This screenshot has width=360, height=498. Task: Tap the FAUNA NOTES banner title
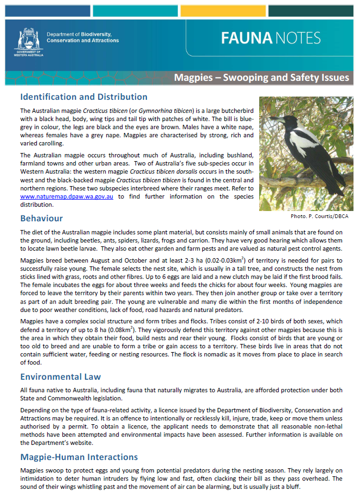point(271,38)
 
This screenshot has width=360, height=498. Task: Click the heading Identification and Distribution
point(83,97)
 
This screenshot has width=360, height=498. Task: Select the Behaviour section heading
point(41,218)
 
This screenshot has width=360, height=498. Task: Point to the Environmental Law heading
point(60,376)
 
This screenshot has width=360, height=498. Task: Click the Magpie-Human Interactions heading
point(79,457)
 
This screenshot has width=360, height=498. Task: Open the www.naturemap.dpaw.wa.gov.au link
point(67,197)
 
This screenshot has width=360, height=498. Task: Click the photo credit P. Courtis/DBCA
point(319,216)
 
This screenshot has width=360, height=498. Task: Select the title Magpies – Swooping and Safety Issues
point(261,78)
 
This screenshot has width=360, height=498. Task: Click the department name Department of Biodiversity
point(82,34)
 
